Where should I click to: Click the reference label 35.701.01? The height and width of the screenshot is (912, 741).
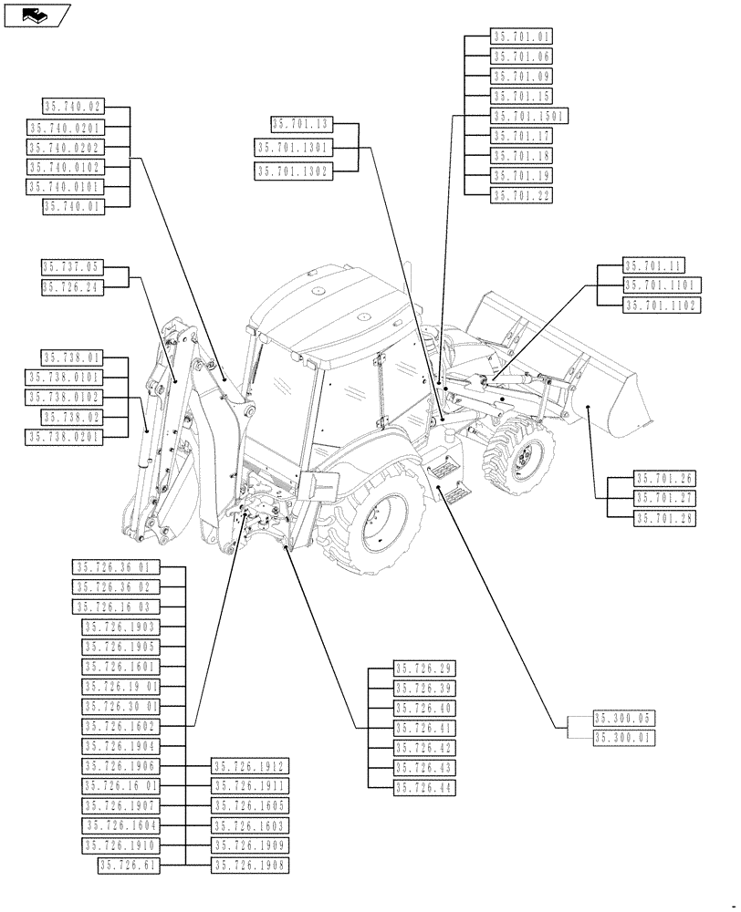click(522, 37)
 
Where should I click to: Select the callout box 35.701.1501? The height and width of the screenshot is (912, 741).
click(529, 116)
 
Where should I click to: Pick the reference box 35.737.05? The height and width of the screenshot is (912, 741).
click(73, 267)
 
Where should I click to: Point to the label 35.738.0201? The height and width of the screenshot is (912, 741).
click(65, 437)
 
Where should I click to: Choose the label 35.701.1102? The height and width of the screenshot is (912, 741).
click(662, 306)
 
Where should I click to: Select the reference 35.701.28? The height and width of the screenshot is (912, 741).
click(664, 517)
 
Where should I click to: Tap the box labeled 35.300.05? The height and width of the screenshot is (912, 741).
click(623, 719)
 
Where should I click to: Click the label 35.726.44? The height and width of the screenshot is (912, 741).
click(424, 787)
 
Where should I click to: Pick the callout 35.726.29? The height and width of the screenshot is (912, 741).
click(424, 668)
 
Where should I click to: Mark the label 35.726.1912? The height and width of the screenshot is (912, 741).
click(249, 766)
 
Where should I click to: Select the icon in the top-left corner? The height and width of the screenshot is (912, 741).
click(37, 15)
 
